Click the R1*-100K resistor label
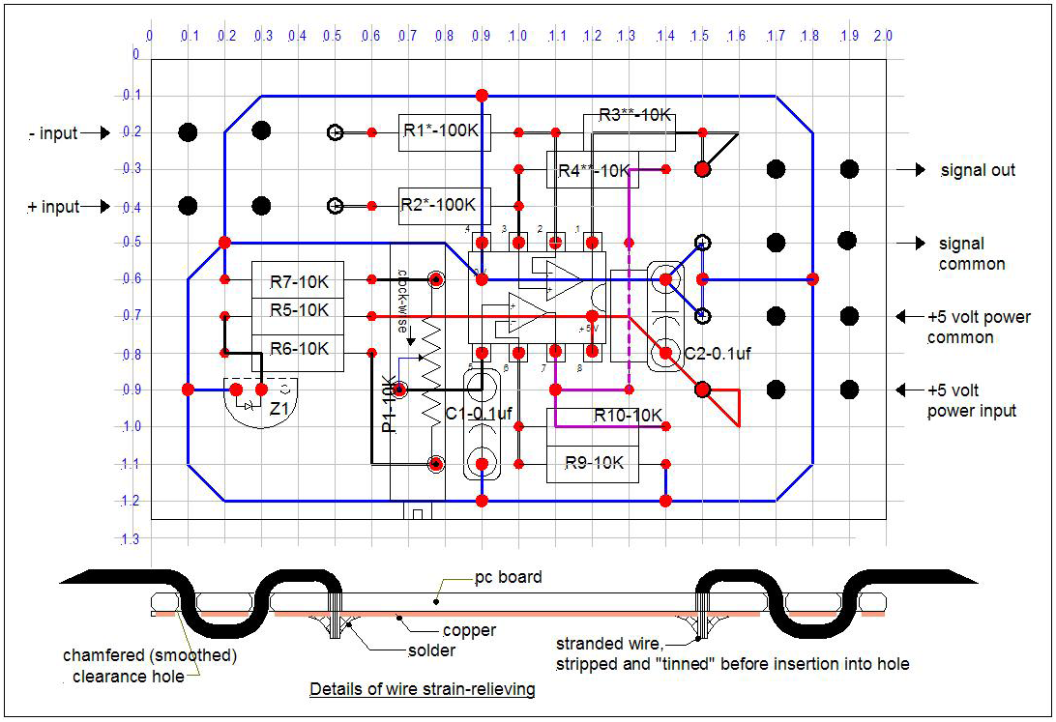[x=445, y=131]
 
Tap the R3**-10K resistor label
[x=634, y=114]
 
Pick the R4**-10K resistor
[x=593, y=171]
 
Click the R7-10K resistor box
[x=298, y=282]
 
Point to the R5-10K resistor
[x=298, y=311]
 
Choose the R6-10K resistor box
[x=298, y=349]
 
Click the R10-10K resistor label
[x=628, y=415]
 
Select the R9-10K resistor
[x=593, y=464]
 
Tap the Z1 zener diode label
[x=279, y=409]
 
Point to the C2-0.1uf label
[x=718, y=354]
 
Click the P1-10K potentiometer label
[x=389, y=403]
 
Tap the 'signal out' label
[x=978, y=170]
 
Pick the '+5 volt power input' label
[x=972, y=400]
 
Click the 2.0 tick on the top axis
[x=882, y=36]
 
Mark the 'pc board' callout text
[x=508, y=577]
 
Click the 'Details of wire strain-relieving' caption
[x=422, y=689]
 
